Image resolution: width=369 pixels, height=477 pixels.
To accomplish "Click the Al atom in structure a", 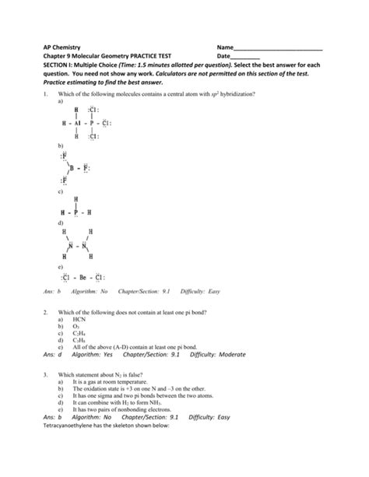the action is click(77, 123).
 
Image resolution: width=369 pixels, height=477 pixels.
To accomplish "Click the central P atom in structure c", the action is click(76, 211).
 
